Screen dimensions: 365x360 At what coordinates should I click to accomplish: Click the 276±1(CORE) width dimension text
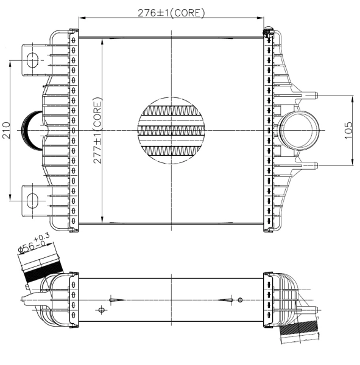pyautogui.click(x=172, y=12)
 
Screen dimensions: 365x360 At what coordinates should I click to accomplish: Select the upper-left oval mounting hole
pyautogui.click(x=32, y=60)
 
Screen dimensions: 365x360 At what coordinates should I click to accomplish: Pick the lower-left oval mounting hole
pyautogui.click(x=32, y=199)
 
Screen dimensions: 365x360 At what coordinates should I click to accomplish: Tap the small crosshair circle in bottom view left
pyautogui.click(x=101, y=310)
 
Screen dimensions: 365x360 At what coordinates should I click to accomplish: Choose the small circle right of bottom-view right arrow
pyautogui.click(x=240, y=300)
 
